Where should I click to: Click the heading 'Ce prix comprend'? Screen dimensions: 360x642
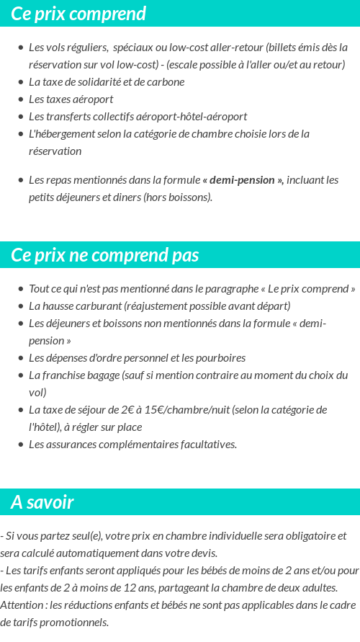point(78,14)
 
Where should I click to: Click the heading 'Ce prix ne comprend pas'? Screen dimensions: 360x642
point(105,256)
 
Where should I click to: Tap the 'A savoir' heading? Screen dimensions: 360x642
point(42,502)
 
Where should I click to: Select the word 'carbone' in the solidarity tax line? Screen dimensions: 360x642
point(165,82)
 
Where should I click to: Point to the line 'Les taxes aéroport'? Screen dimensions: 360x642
point(71,99)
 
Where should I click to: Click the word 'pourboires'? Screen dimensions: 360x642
point(220,358)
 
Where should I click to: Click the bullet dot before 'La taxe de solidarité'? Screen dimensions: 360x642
point(20,82)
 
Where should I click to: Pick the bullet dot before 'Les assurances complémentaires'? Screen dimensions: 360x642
point(20,445)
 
